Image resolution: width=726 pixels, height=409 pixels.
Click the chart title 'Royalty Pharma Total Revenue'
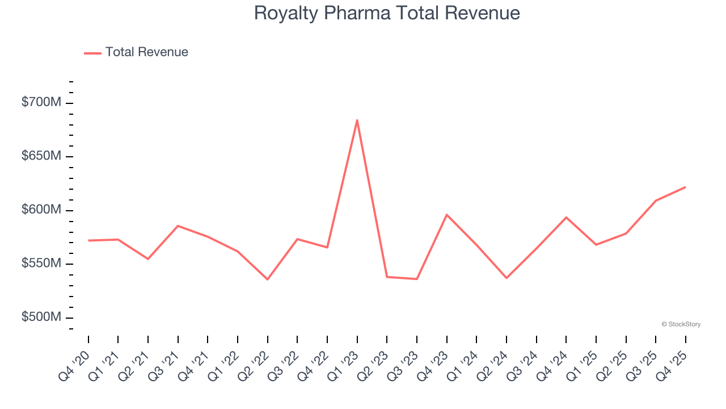tap(387, 13)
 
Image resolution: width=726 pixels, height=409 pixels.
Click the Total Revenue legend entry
tap(136, 52)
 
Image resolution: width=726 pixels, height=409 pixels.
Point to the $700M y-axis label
tap(41, 103)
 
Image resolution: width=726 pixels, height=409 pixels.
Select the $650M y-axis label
tap(41, 156)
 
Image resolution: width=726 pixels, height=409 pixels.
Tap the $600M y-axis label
tap(41, 210)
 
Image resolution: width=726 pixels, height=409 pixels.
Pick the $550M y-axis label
tap(41, 264)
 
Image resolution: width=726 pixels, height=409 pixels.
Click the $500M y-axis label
tap(41, 317)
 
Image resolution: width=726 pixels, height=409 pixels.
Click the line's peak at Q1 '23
tap(357, 120)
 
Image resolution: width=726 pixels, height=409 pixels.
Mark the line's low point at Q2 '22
tap(267, 279)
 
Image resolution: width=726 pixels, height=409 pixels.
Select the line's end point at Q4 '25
tap(685, 187)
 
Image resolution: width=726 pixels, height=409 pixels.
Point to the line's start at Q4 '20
tap(88, 240)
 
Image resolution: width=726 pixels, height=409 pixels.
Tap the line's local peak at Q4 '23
tap(446, 215)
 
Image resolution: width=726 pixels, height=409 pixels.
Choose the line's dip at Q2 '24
tap(506, 278)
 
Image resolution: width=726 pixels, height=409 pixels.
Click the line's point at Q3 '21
tap(178, 226)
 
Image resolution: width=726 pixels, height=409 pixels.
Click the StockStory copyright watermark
tap(681, 324)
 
